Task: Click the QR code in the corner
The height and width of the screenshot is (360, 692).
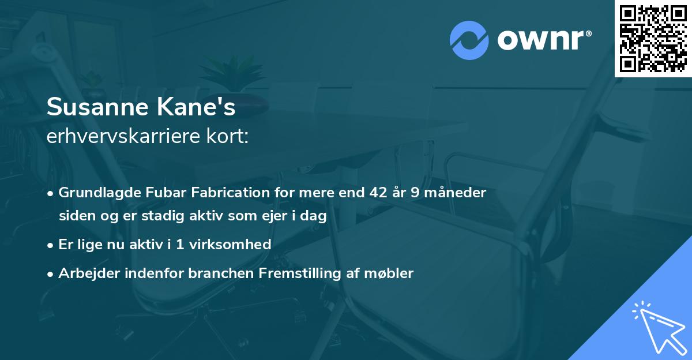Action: pyautogui.click(x=653, y=39)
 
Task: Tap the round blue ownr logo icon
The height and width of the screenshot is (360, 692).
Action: pyautogui.click(x=469, y=40)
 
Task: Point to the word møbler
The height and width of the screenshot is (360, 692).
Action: pyautogui.click(x=392, y=273)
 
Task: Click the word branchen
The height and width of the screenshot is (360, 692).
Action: pyautogui.click(x=214, y=273)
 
